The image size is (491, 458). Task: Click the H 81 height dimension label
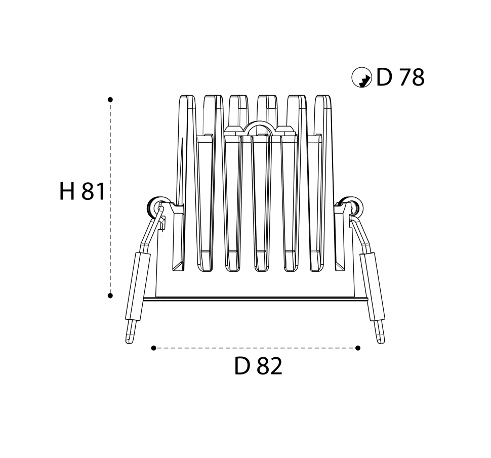(x=82, y=191)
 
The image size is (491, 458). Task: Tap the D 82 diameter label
(x=258, y=366)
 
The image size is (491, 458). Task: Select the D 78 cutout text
(x=400, y=77)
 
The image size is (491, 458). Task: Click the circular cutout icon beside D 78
(x=362, y=77)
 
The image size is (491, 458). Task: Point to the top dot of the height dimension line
(x=110, y=100)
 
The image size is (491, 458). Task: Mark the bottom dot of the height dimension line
(x=110, y=296)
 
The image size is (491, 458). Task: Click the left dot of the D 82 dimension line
(x=153, y=348)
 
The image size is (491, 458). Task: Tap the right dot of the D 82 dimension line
(x=358, y=348)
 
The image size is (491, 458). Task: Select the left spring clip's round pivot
(x=155, y=206)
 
